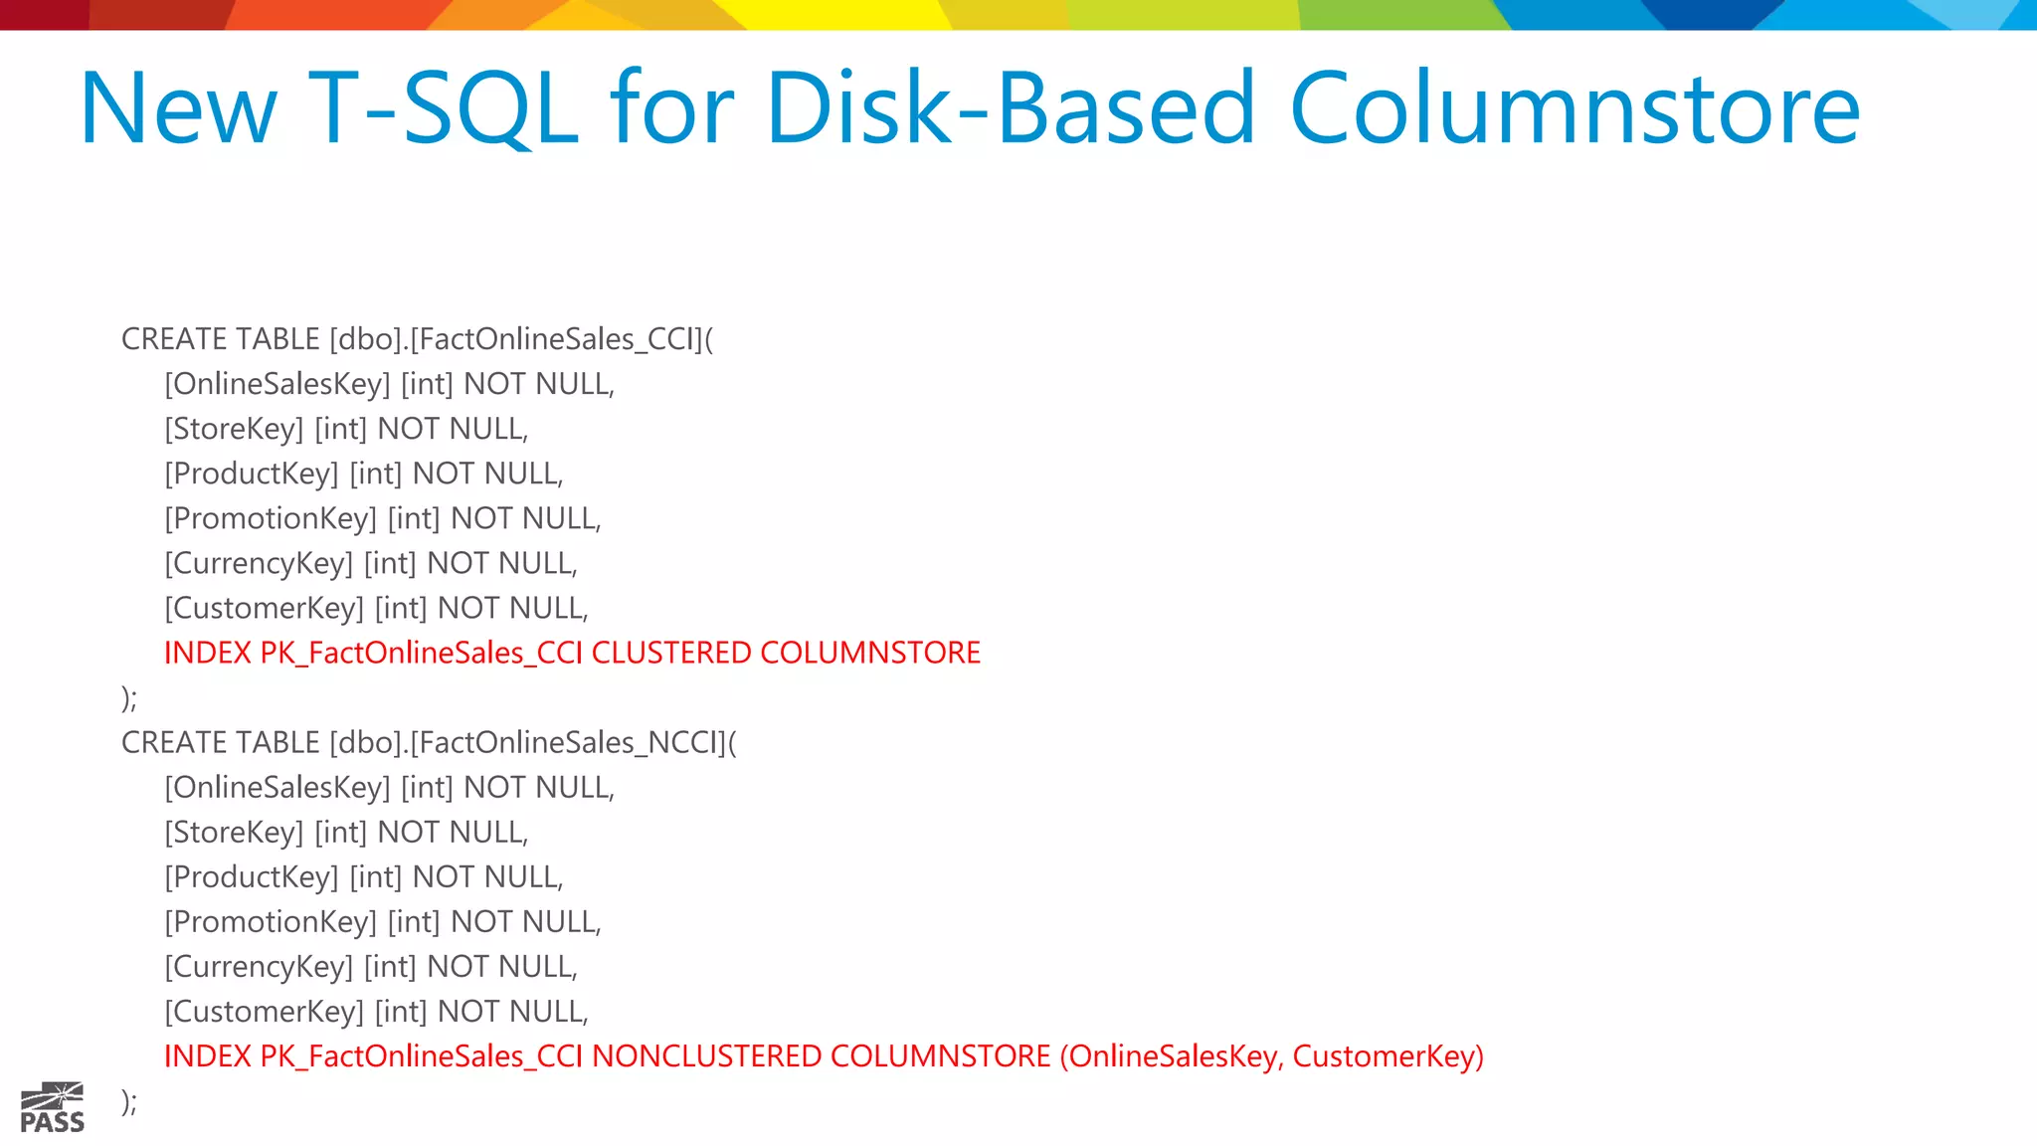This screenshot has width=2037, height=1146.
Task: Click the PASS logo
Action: click(53, 1107)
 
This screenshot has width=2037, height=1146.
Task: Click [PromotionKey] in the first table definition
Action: click(271, 518)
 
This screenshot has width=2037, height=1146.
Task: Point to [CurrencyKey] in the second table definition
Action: click(259, 966)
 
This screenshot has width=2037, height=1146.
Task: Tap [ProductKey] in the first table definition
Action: click(252, 474)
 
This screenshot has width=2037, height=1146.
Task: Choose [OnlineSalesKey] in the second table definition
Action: click(278, 787)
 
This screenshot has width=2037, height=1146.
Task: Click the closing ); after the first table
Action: click(129, 697)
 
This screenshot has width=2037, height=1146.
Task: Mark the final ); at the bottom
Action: click(129, 1100)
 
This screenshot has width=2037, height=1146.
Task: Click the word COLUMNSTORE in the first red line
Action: click(870, 653)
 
